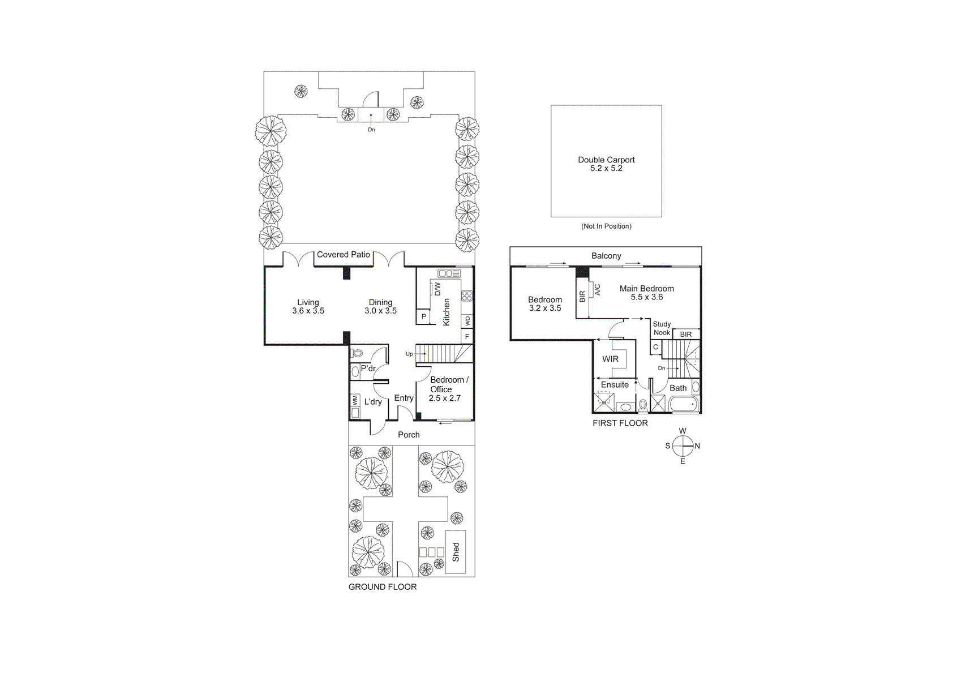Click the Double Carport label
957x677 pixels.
pos(606,160)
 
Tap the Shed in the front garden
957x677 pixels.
pos(456,552)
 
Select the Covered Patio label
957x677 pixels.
pos(343,255)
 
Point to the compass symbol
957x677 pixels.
pos(683,446)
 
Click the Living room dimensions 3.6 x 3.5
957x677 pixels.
pos(308,311)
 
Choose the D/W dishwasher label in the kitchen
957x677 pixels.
pos(437,289)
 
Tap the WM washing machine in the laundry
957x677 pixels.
pos(355,400)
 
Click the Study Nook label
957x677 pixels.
pos(662,328)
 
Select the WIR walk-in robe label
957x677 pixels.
pos(610,359)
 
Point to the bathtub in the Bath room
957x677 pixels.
pos(684,404)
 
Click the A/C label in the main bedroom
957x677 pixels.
pos(598,289)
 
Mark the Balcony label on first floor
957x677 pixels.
pos(606,256)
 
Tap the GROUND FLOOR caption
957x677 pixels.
pos(382,587)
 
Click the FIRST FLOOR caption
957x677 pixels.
pos(620,423)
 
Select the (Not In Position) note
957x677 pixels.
pos(606,226)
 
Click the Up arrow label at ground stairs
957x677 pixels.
pos(409,354)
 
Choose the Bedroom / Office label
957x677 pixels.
pos(449,384)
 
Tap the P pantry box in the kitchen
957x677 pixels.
pos(423,317)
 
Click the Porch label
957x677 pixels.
pos(409,435)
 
